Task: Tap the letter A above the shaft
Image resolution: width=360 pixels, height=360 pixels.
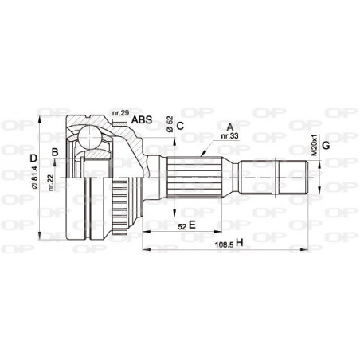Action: [x=230, y=127]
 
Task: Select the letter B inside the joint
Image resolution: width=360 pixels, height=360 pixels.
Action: [x=54, y=151]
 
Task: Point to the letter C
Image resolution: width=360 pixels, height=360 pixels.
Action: [x=181, y=125]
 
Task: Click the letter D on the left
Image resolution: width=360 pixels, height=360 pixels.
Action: [x=33, y=158]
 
